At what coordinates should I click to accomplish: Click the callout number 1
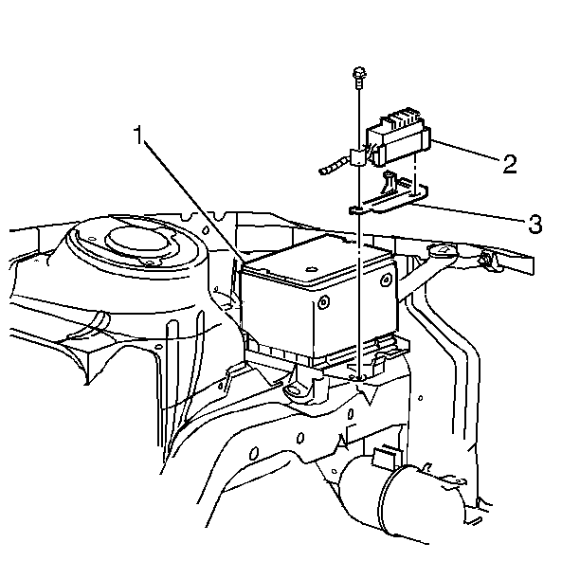(138, 136)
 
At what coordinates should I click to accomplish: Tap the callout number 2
(509, 164)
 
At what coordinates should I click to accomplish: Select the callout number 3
(535, 224)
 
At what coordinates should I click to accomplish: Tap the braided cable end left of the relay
(334, 166)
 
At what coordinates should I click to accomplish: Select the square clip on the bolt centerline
(357, 157)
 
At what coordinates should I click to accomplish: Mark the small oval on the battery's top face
(311, 268)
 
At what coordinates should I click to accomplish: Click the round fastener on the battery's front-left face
(324, 302)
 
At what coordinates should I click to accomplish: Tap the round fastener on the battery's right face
(386, 280)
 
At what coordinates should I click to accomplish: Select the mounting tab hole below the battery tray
(294, 389)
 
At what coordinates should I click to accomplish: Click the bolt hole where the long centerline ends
(358, 378)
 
